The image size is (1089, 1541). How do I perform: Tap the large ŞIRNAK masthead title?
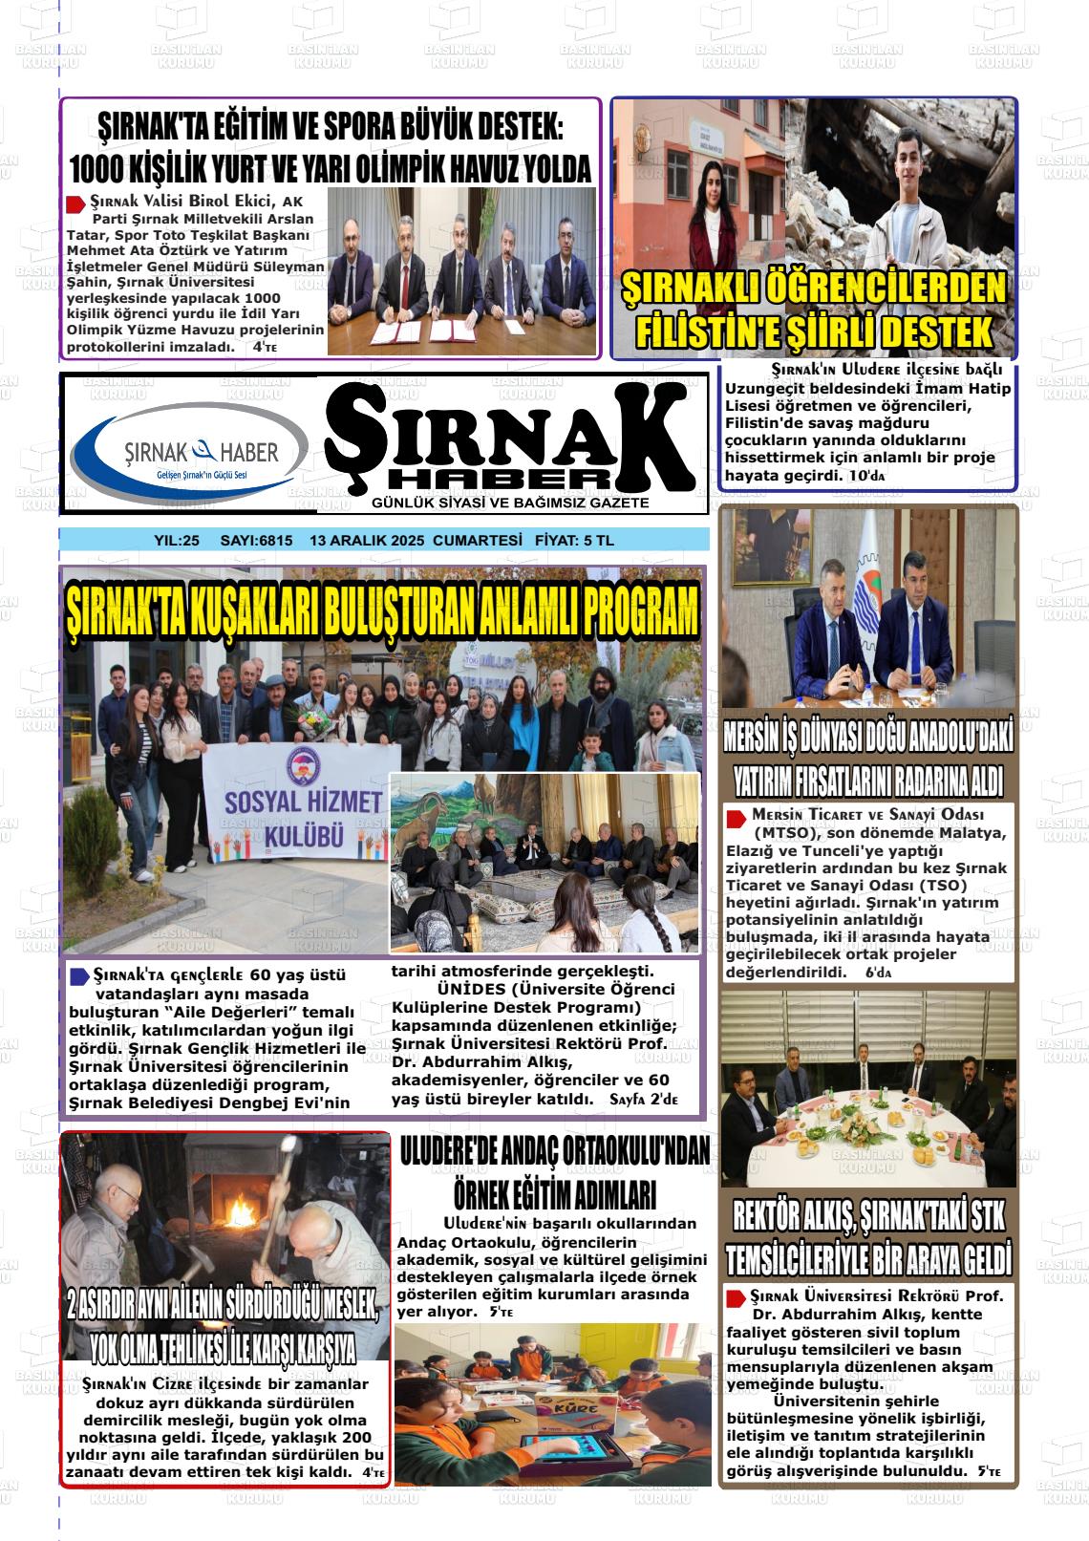coord(511,435)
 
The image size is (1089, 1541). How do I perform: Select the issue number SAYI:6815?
coord(256,541)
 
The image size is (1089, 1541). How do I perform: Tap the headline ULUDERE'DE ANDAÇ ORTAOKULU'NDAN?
coord(554,1153)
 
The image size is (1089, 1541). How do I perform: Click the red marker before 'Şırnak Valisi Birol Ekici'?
coord(75,203)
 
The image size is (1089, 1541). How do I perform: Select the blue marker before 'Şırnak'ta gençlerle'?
coord(79,975)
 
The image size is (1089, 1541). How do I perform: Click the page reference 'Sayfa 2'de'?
coord(643,1100)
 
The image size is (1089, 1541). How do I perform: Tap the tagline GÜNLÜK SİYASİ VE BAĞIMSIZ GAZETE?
coord(511,503)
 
